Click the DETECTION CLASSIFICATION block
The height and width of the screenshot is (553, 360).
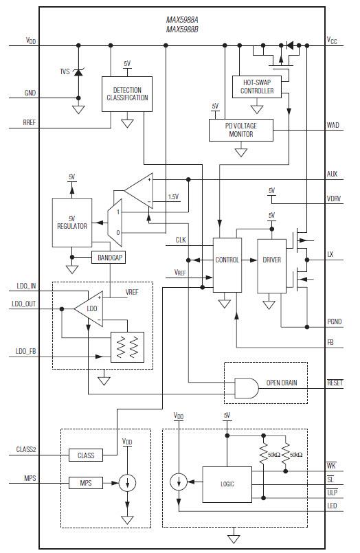tap(127, 93)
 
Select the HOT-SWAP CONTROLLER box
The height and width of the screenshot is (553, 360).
tap(257, 87)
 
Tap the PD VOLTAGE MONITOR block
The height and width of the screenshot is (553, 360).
tap(240, 129)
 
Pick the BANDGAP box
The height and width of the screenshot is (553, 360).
tap(109, 257)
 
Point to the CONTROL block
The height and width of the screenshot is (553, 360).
tap(227, 260)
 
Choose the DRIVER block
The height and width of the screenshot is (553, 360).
tap(271, 260)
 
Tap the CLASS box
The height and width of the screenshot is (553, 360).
tap(86, 455)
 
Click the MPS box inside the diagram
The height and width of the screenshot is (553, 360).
tap(86, 484)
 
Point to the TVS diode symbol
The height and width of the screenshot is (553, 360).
tap(78, 71)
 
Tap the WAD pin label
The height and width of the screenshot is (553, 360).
tap(333, 125)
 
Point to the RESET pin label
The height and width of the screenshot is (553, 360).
tap(335, 383)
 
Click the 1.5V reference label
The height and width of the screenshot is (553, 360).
tap(174, 196)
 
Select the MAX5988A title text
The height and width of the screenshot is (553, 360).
tap(181, 20)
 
